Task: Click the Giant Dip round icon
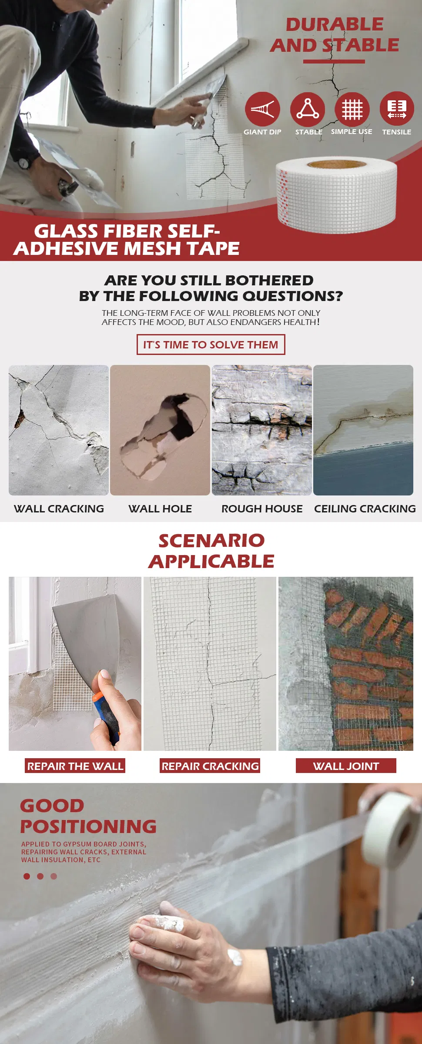(x=262, y=109)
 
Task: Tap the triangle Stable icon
(x=308, y=109)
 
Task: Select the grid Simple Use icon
(x=352, y=109)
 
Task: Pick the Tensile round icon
(x=397, y=109)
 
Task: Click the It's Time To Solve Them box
(x=211, y=345)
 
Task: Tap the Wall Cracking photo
(x=59, y=430)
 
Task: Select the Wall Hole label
(x=160, y=509)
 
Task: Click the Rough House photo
(x=262, y=430)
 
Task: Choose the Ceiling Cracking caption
(x=365, y=509)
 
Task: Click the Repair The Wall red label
(x=75, y=766)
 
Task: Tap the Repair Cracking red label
(x=210, y=766)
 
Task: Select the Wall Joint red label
(x=346, y=766)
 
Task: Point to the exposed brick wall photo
(x=346, y=663)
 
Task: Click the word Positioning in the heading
(x=88, y=826)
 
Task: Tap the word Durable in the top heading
(x=335, y=24)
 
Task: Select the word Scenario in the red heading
(x=211, y=540)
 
